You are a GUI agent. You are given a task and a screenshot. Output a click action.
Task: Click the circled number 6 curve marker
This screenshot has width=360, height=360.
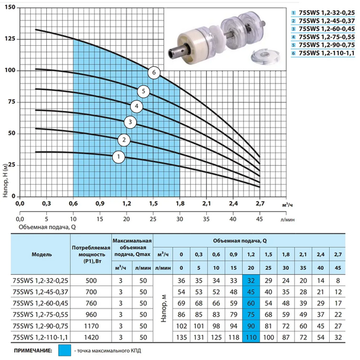(x=154, y=73)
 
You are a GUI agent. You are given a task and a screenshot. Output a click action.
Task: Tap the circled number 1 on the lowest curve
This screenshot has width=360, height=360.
(x=119, y=157)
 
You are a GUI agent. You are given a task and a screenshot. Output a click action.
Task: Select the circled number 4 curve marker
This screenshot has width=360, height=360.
(x=137, y=106)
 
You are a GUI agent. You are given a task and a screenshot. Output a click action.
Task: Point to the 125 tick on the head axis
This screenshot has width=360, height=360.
(x=10, y=39)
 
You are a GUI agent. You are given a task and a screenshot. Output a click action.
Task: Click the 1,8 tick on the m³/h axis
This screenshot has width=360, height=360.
(x=180, y=203)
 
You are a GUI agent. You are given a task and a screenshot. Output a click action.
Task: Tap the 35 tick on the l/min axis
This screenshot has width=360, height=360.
(x=206, y=219)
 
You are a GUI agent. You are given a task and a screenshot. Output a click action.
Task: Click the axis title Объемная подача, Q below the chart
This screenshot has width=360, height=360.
(x=47, y=227)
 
